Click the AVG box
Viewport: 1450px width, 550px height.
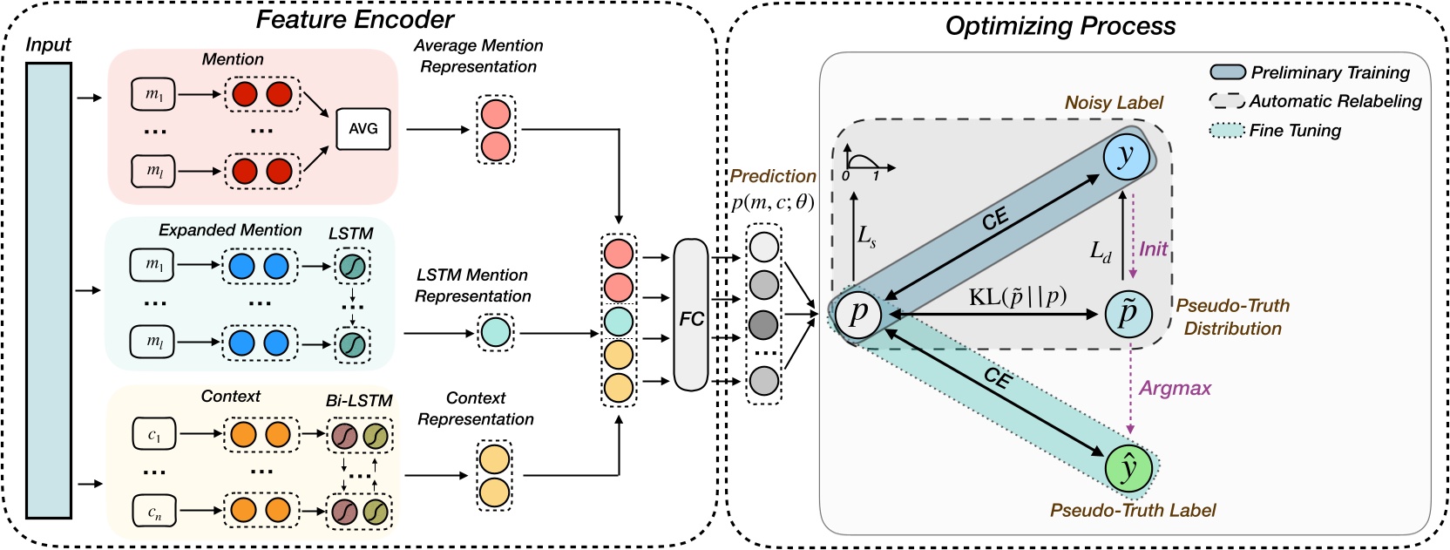(x=363, y=129)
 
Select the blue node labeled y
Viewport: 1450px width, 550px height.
(x=1127, y=157)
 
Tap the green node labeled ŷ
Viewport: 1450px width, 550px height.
(x=1129, y=468)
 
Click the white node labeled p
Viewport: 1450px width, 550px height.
(x=857, y=313)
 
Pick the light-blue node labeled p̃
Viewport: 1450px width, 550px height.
(x=1128, y=313)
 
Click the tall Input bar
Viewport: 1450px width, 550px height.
(x=48, y=290)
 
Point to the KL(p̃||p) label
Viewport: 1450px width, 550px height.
(x=1018, y=297)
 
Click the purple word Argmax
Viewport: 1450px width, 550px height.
(x=1175, y=389)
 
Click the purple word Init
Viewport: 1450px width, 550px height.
(x=1153, y=249)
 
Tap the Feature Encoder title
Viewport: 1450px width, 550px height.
(x=355, y=20)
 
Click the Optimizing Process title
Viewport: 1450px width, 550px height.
(x=1060, y=26)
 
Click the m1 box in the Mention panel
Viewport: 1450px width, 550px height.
(x=153, y=95)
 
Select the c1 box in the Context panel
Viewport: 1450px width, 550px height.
(x=154, y=434)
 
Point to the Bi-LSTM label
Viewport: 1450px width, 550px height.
(x=359, y=401)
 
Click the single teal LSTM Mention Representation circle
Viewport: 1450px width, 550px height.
(x=496, y=333)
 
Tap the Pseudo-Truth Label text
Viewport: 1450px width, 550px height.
(x=1132, y=511)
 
